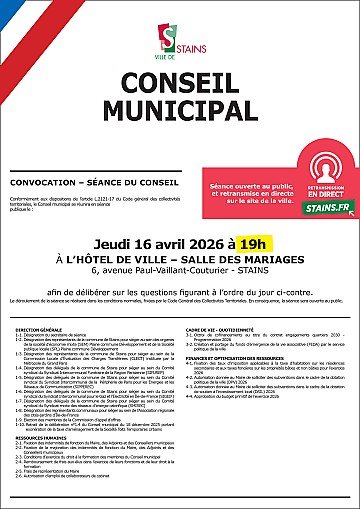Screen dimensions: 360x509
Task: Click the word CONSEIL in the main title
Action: click(x=180, y=84)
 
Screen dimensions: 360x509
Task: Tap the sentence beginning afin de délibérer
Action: click(x=180, y=256)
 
